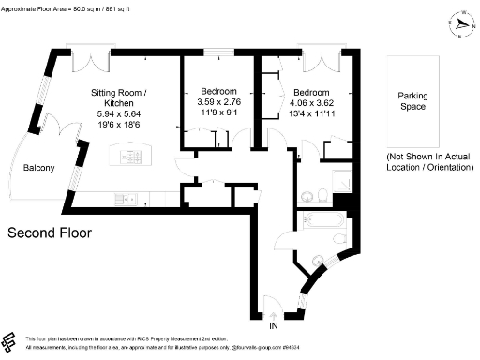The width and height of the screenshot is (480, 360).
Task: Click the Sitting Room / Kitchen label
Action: pyautogui.click(x=119, y=98)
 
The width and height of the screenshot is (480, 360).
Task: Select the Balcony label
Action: pyautogui.click(x=38, y=168)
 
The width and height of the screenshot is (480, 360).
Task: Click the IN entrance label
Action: pyautogui.click(x=274, y=328)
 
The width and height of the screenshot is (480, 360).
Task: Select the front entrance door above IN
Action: pyautogui.click(x=272, y=306)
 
